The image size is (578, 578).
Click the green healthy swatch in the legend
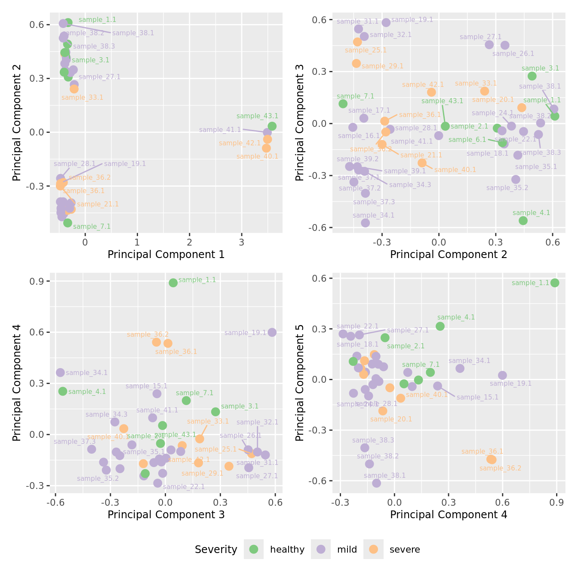[x=254, y=549]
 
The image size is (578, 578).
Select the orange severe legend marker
[x=373, y=549]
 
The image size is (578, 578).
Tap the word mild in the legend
[x=347, y=550]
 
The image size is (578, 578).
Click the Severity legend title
[x=216, y=550]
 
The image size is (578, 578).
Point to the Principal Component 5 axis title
[x=300, y=382]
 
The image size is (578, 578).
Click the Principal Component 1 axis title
[x=166, y=255]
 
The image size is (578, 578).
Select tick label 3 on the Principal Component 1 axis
[x=242, y=242]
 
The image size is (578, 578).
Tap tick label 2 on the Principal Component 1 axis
[x=190, y=242]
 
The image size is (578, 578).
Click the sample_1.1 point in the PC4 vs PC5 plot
[x=555, y=283]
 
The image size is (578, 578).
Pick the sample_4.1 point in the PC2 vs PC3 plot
[x=523, y=221]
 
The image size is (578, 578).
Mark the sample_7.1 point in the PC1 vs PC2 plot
[x=68, y=223]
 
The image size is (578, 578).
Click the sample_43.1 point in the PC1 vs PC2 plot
[x=272, y=126]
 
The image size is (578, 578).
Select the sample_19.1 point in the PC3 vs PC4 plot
[x=272, y=332]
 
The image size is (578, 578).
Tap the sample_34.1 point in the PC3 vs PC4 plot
[x=60, y=372]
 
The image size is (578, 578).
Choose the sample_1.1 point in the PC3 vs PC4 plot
[x=173, y=283]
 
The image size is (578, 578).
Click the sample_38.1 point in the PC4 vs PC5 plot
[x=376, y=483]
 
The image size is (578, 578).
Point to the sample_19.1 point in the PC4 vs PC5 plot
[x=502, y=375]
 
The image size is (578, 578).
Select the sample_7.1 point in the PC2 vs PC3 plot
[x=343, y=104]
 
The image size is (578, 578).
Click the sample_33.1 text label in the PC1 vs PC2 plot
[x=82, y=98]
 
